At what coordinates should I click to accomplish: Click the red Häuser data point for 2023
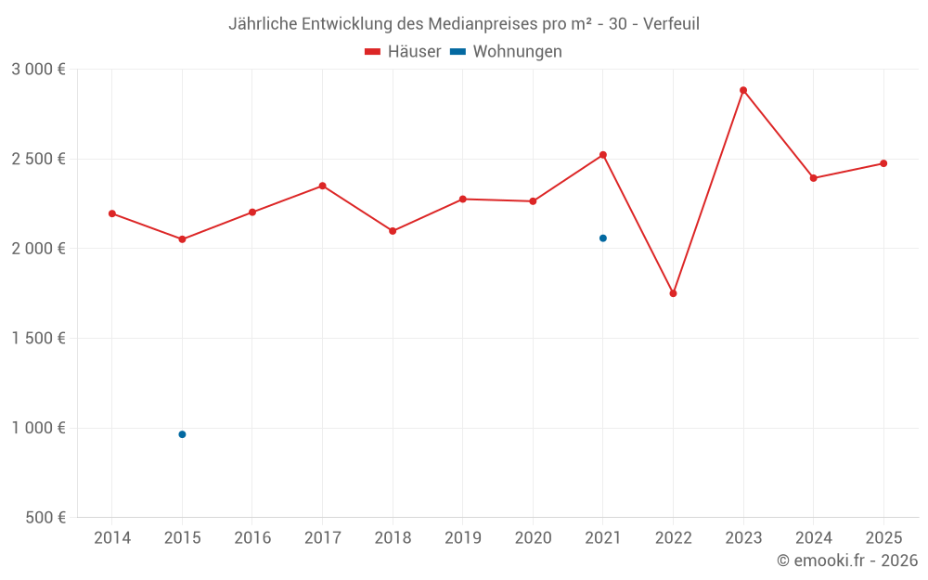coord(743,90)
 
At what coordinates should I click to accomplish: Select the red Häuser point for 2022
coord(673,293)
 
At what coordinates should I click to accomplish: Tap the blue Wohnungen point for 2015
coord(182,434)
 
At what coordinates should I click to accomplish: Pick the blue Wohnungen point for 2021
coord(603,238)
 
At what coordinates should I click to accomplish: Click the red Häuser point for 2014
coord(112,213)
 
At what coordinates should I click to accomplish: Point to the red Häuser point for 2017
coord(322,186)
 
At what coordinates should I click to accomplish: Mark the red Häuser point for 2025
coord(883,163)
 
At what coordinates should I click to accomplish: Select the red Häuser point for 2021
coord(603,155)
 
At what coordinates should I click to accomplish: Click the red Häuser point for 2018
coord(393,231)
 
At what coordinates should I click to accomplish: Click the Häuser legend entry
coord(403,52)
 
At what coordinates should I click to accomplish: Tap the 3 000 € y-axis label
coord(39,70)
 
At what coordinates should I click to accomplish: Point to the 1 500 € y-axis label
coord(39,339)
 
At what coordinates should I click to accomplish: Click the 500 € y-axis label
coord(45,518)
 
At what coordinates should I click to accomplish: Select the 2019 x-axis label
coord(463,538)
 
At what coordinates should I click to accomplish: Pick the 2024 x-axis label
coord(814,538)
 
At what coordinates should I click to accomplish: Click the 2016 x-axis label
coord(252,538)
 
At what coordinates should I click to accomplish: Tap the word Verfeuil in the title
coord(669,23)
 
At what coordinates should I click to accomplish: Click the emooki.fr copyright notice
coord(847,561)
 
